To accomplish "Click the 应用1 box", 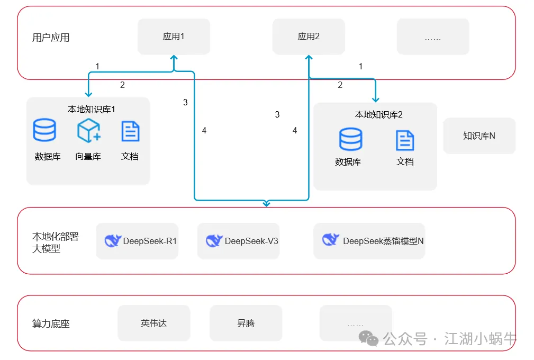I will [174, 37].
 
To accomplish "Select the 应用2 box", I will [309, 37].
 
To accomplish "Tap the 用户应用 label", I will [51, 38].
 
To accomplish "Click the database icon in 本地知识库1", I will [44, 130].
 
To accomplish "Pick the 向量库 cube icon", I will [88, 130].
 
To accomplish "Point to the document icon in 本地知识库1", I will [130, 131].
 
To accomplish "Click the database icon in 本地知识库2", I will [350, 139].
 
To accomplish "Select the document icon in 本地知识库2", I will [405, 140].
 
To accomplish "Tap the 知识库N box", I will [479, 136].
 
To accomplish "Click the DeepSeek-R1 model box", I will [137, 241].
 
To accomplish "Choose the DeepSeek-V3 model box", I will [238, 241].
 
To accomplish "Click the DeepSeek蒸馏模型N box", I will [369, 241].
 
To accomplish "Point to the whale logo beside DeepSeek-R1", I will [113, 241].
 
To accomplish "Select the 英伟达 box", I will [153, 323].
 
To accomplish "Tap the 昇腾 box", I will [246, 323].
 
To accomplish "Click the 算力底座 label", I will [51, 323].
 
